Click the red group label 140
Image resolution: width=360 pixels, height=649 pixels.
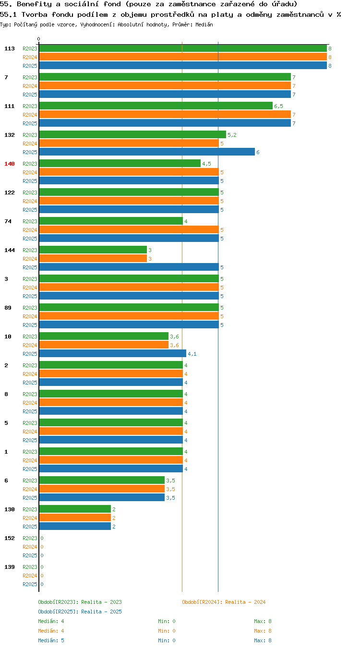coord(9,164)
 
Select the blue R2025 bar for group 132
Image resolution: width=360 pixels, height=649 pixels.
coord(147,152)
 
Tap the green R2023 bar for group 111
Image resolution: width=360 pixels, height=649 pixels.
coord(156,106)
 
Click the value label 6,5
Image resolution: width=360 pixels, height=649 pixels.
coord(278,106)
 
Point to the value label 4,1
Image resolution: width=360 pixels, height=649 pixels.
coord(192,354)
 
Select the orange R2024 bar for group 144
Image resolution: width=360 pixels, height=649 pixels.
coord(93,258)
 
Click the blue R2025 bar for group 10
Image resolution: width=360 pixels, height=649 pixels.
coord(113,353)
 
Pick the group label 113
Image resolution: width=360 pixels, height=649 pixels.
coord(9,48)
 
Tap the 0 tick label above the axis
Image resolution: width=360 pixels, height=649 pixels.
coord(38,39)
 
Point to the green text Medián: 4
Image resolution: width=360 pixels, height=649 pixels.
coord(51,621)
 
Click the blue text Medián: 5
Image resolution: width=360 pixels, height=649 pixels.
coord(51,640)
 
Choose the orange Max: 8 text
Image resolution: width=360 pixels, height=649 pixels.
coord(263,630)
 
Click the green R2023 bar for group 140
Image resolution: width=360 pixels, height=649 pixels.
coord(120,163)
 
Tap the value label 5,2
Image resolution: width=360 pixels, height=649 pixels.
coord(232,135)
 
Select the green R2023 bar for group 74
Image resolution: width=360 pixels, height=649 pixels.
coord(111,221)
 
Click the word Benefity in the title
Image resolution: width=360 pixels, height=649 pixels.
coord(34,4)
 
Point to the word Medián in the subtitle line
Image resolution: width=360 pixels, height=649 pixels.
coord(204,24)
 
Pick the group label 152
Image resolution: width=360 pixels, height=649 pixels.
coord(9,538)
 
